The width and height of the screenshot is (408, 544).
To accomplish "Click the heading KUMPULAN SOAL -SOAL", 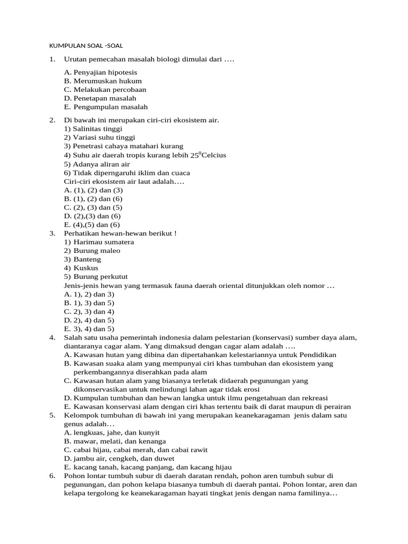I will [x=86, y=46].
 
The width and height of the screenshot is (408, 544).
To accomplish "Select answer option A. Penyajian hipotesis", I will [x=100, y=72].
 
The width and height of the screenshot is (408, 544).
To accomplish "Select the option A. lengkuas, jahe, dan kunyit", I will [x=112, y=433].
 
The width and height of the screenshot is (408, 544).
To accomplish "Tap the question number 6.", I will [x=52, y=476].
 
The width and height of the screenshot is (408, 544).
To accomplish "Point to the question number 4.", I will [x=52, y=338].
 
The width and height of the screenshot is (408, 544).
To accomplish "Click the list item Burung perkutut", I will [x=100, y=277].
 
